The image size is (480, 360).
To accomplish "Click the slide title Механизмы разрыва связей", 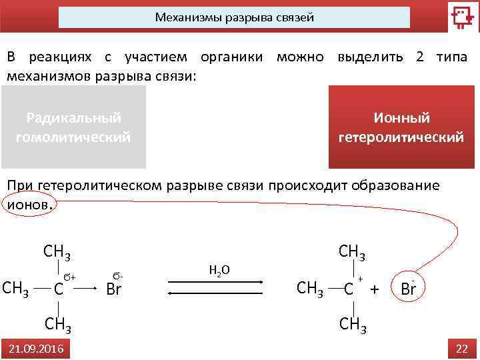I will click(x=234, y=17).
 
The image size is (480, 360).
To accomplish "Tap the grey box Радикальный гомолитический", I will click(x=73, y=127).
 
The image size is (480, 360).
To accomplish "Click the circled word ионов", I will click(x=27, y=205).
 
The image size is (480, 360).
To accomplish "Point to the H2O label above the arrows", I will click(x=219, y=270).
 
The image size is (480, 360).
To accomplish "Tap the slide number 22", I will click(x=462, y=348).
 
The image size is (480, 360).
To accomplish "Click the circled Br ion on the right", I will click(x=409, y=289).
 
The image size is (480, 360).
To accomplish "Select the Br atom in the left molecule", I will click(x=115, y=289).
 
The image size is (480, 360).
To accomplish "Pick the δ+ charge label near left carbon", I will click(x=70, y=275).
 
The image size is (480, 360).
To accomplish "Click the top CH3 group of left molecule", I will click(x=57, y=252).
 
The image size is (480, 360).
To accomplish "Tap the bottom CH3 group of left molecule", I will click(x=58, y=325).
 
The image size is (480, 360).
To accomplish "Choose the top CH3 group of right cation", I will click(x=353, y=251).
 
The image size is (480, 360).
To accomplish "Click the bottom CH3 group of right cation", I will click(x=353, y=325).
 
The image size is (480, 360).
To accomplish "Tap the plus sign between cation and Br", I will click(x=375, y=289).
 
